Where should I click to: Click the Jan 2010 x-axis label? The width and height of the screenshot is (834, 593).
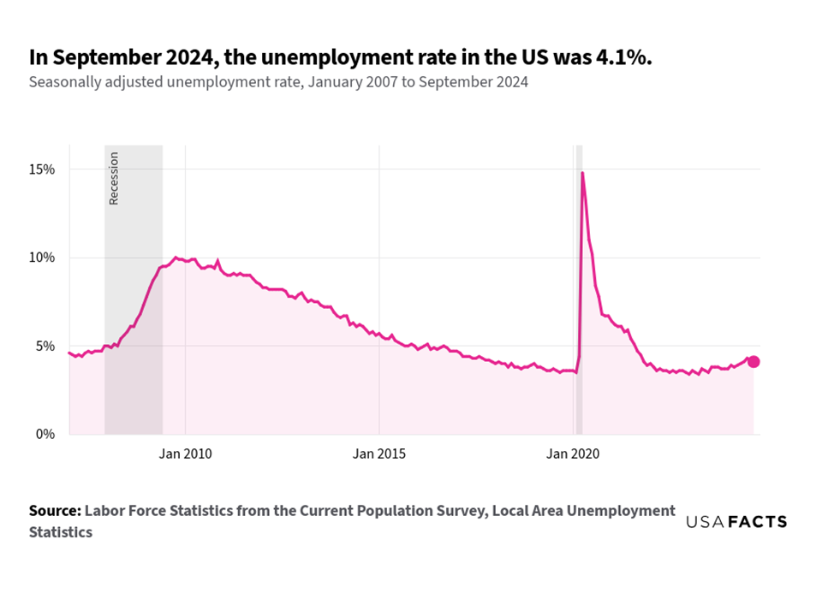pyautogui.click(x=185, y=453)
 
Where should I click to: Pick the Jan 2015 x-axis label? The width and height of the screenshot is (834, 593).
pyautogui.click(x=379, y=453)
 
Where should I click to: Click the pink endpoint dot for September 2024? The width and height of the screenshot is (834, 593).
pyautogui.click(x=754, y=362)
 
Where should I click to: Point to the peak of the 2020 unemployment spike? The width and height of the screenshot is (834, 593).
pyautogui.click(x=582, y=173)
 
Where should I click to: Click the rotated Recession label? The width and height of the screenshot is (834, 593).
pyautogui.click(x=114, y=178)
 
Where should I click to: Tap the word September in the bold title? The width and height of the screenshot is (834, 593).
pyautogui.click(x=93, y=57)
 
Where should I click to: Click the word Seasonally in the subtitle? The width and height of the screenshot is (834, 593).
pyautogui.click(x=62, y=83)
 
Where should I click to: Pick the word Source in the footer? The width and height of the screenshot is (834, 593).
pyautogui.click(x=54, y=511)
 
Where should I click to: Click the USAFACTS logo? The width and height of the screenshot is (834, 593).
pyautogui.click(x=736, y=522)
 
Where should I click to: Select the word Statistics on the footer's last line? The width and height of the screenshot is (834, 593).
pyautogui.click(x=61, y=532)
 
